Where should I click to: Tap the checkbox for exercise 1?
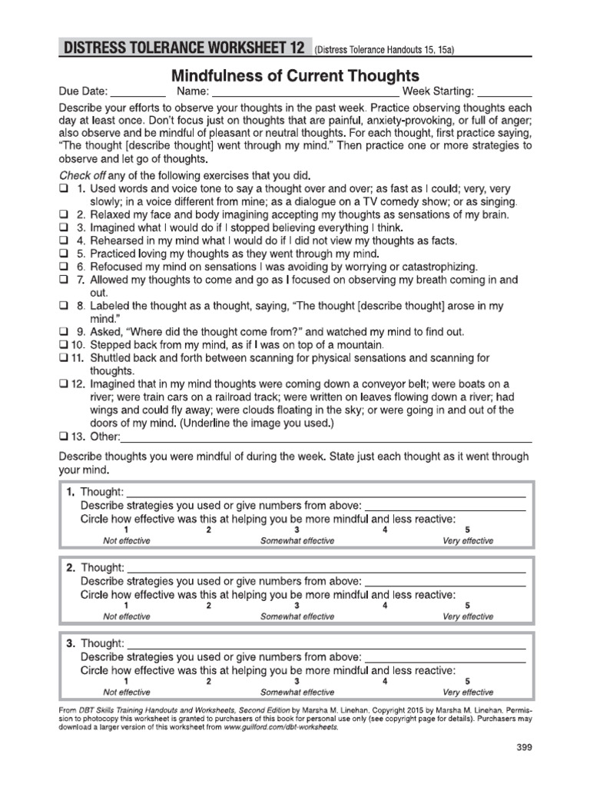pos(64,189)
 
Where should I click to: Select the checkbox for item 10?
pos(63,346)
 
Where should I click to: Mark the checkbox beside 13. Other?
pos(63,437)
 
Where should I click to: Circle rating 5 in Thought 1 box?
pos(467,530)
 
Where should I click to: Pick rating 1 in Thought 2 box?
pos(126,606)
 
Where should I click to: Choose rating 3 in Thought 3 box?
pos(297,681)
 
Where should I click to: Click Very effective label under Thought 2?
pos(468,616)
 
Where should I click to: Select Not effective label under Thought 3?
pos(127,692)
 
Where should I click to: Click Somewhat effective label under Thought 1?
pos(297,541)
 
